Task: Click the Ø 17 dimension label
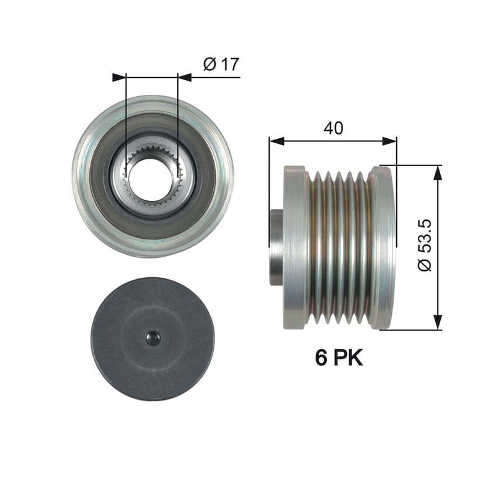pos(221,64)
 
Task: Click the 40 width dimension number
pos(334,128)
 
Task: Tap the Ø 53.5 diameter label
pos(425,244)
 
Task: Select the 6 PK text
pos(339,358)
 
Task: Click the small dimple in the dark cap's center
pos(153,338)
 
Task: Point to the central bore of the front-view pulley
pos(152,180)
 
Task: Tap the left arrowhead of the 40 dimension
pos(275,141)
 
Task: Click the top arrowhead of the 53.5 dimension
pos(438,172)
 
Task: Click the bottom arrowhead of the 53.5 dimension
pos(438,322)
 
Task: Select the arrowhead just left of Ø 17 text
pos(184,77)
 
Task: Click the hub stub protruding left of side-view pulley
pos(277,247)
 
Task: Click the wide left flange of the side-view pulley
pos(294,247)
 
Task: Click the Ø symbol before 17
pos(209,64)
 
